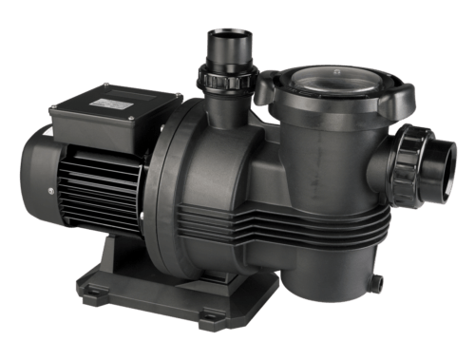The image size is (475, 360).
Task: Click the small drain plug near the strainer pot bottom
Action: tap(376, 282)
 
